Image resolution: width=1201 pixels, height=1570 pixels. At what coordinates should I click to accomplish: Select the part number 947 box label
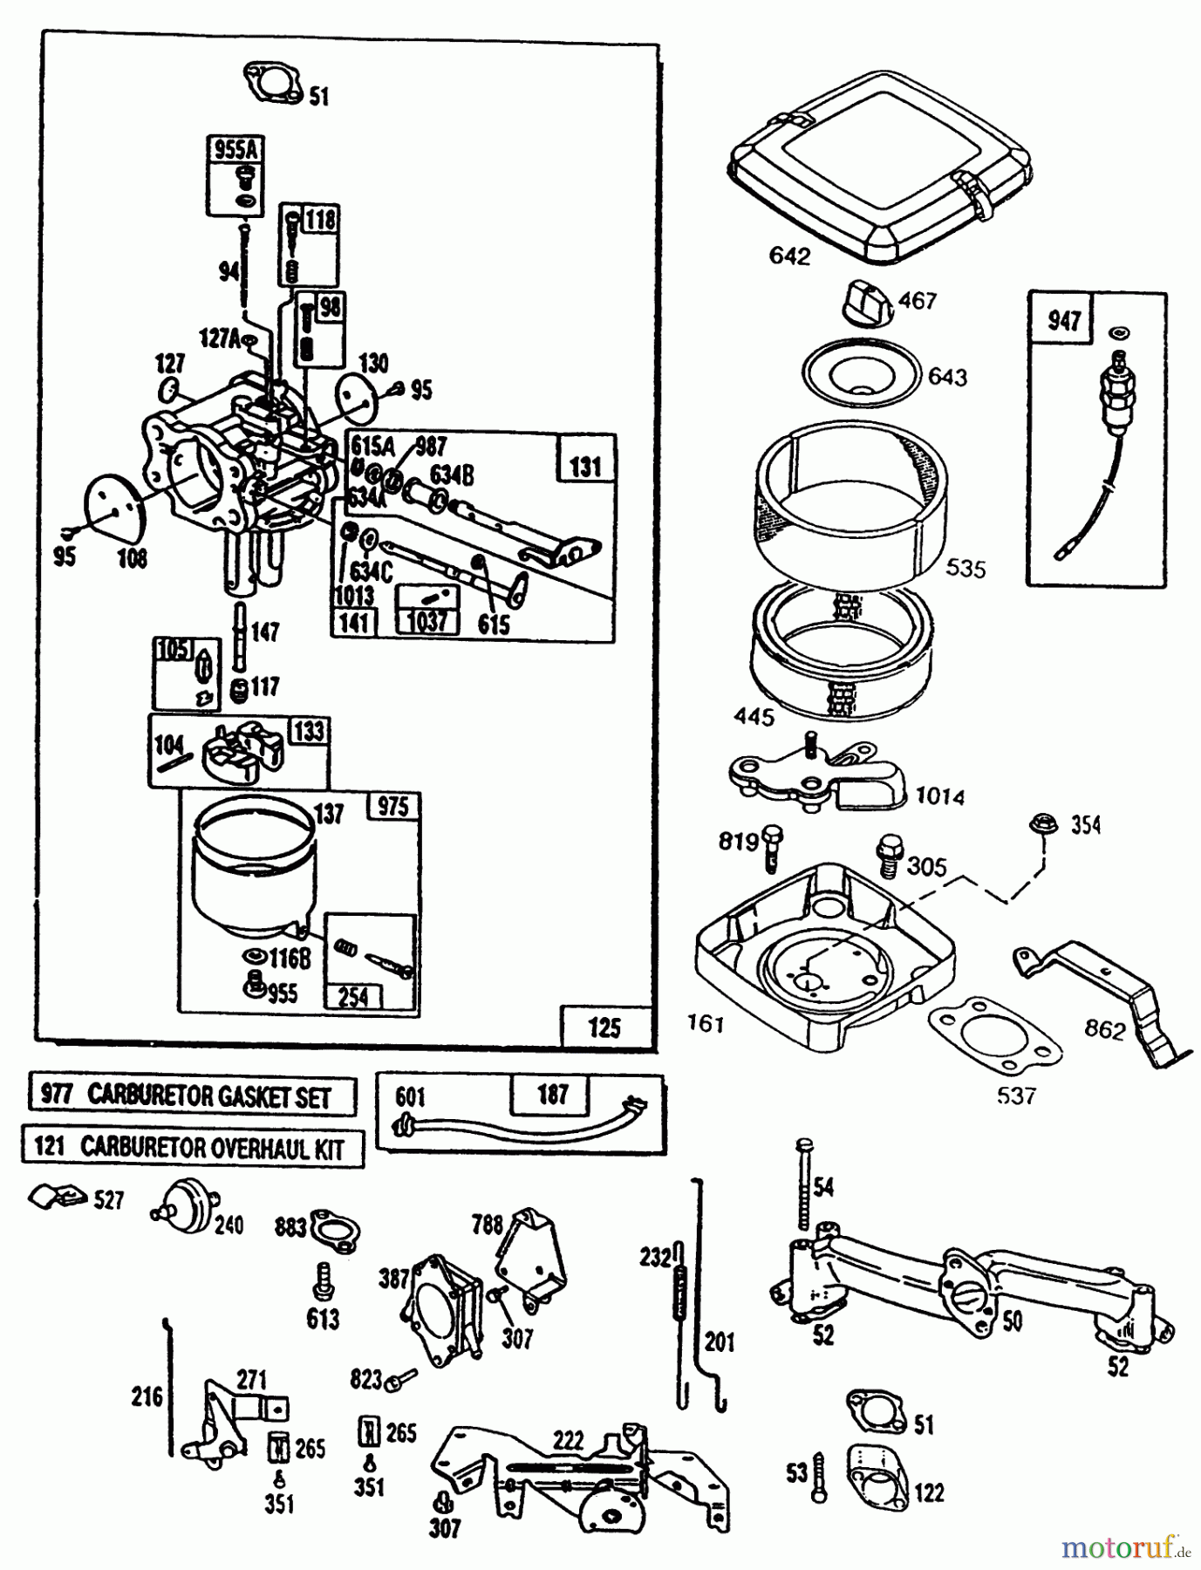pyautogui.click(x=1064, y=320)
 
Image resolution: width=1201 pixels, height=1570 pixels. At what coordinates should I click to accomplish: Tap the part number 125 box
pyautogui.click(x=605, y=1027)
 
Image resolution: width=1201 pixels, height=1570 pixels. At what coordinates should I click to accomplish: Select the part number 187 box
pyautogui.click(x=552, y=1094)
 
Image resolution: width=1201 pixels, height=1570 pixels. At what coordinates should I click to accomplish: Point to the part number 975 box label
pyautogui.click(x=392, y=806)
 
